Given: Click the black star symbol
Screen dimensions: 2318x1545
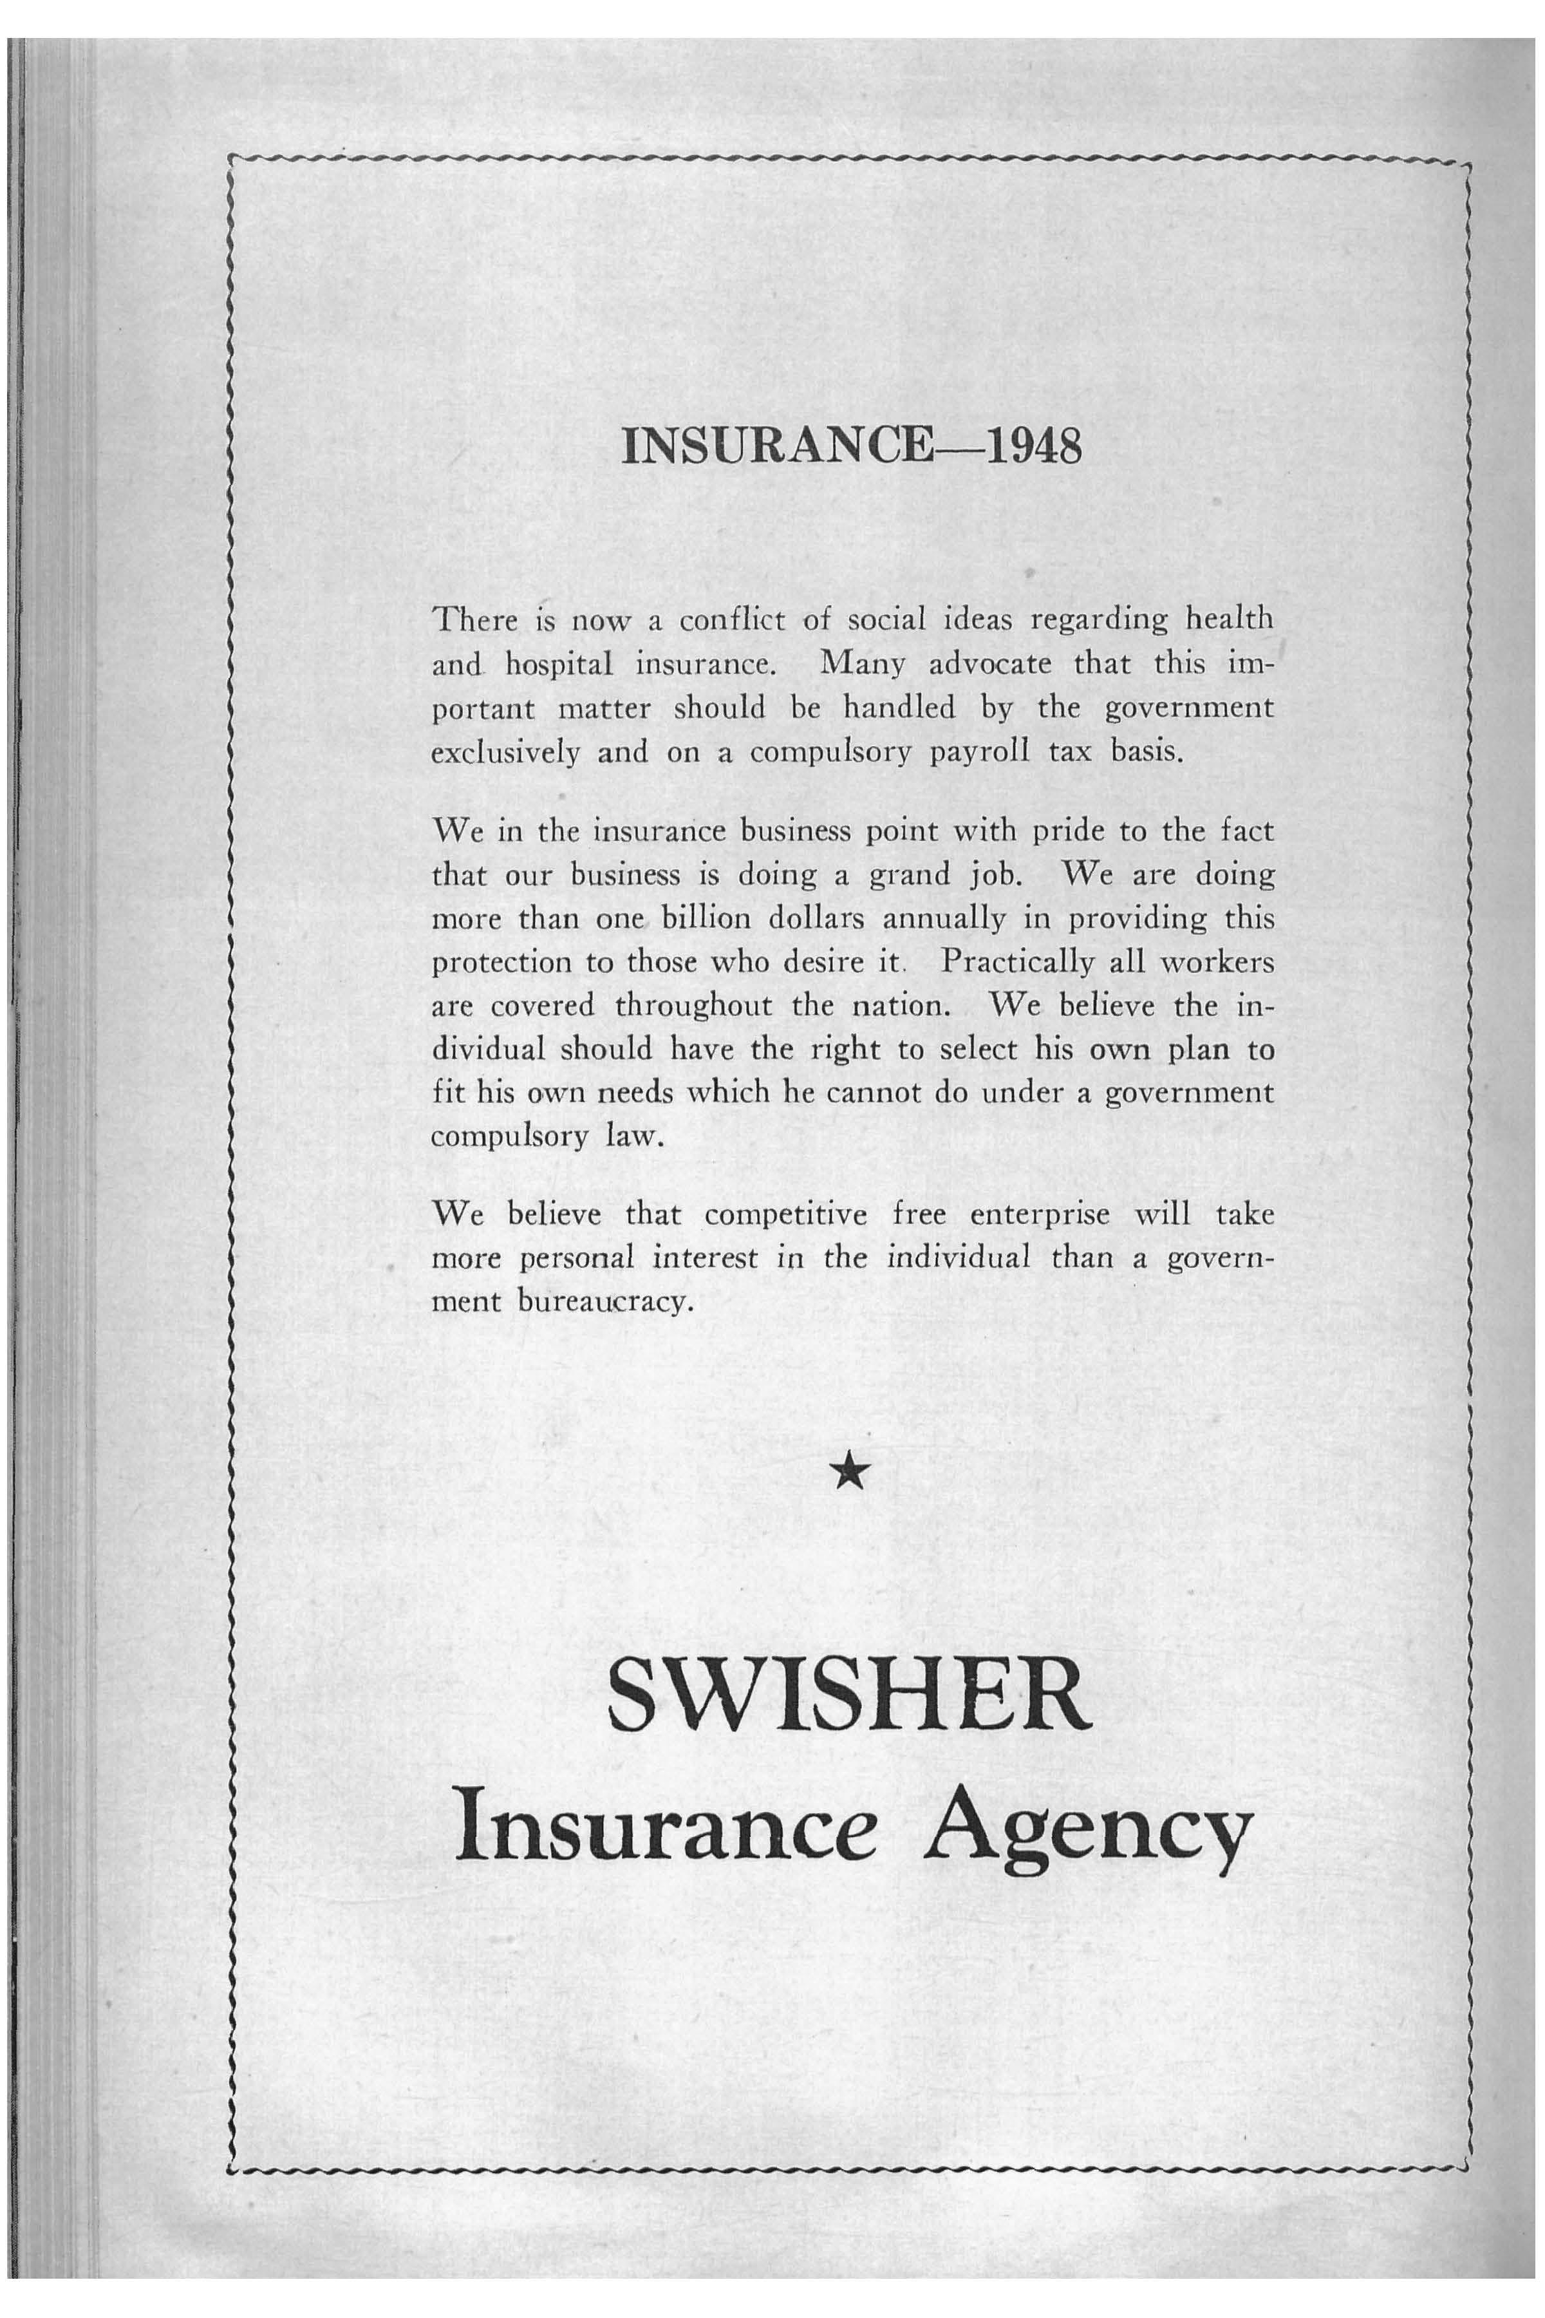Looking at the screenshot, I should [x=848, y=1475].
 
